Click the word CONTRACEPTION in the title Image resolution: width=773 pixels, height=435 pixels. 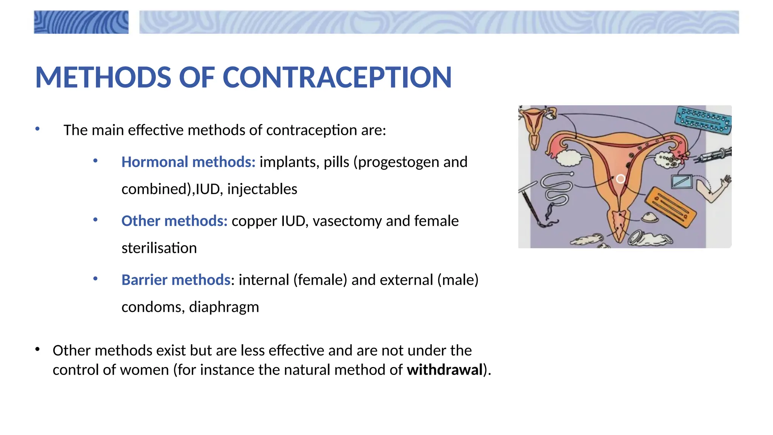tap(337, 77)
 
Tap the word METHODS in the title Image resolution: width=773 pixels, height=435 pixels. tap(103, 77)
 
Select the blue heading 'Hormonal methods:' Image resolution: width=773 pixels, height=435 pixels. tap(188, 162)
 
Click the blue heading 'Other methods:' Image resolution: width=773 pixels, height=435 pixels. tap(174, 221)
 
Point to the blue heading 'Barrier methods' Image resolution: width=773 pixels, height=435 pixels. tap(176, 280)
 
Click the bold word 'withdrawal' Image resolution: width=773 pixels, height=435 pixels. tap(445, 370)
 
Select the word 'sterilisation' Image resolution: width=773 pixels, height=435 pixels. tap(159, 248)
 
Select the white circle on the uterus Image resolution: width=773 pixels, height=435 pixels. tap(621, 179)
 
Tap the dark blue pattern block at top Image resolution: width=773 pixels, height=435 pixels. tap(81, 22)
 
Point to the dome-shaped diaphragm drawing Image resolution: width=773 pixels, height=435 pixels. tap(650, 217)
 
